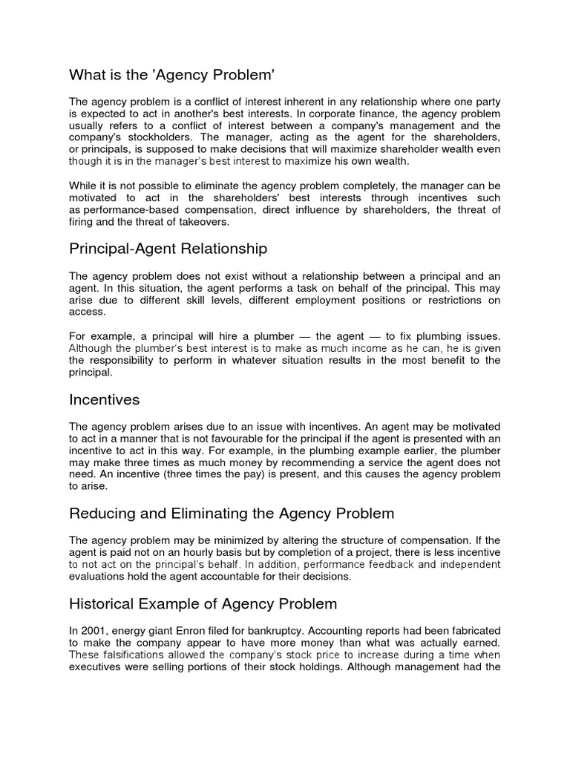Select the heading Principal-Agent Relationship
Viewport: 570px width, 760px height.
click(168, 248)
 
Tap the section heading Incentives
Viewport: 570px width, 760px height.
click(104, 399)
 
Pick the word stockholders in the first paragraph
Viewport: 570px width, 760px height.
click(161, 138)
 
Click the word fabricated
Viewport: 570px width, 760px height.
click(469, 631)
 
